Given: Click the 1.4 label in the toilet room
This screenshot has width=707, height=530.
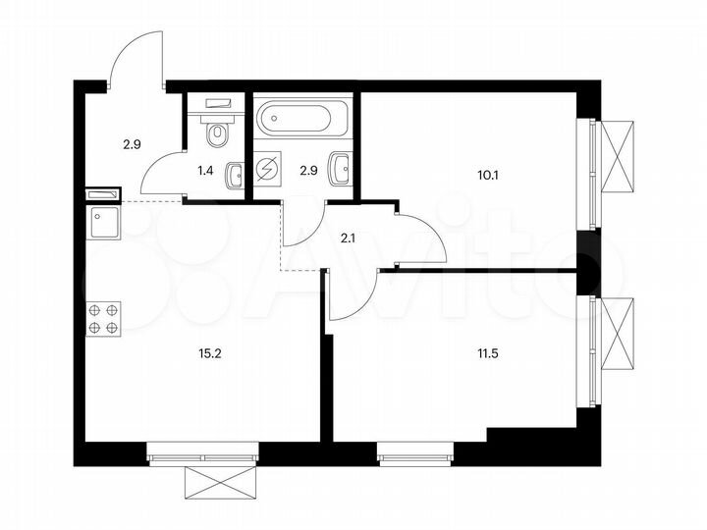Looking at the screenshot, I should click(x=205, y=170).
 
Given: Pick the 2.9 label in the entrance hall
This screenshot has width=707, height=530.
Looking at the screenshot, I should click(x=131, y=144).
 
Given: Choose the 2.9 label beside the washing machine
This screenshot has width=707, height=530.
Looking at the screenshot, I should click(x=305, y=170).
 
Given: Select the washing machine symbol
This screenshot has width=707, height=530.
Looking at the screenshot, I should click(x=267, y=170).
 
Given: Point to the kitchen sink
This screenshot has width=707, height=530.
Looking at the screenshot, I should click(x=103, y=223).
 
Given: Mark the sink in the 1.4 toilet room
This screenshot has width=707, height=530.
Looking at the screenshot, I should click(x=235, y=176).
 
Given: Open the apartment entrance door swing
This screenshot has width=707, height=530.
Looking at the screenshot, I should click(x=136, y=59).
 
